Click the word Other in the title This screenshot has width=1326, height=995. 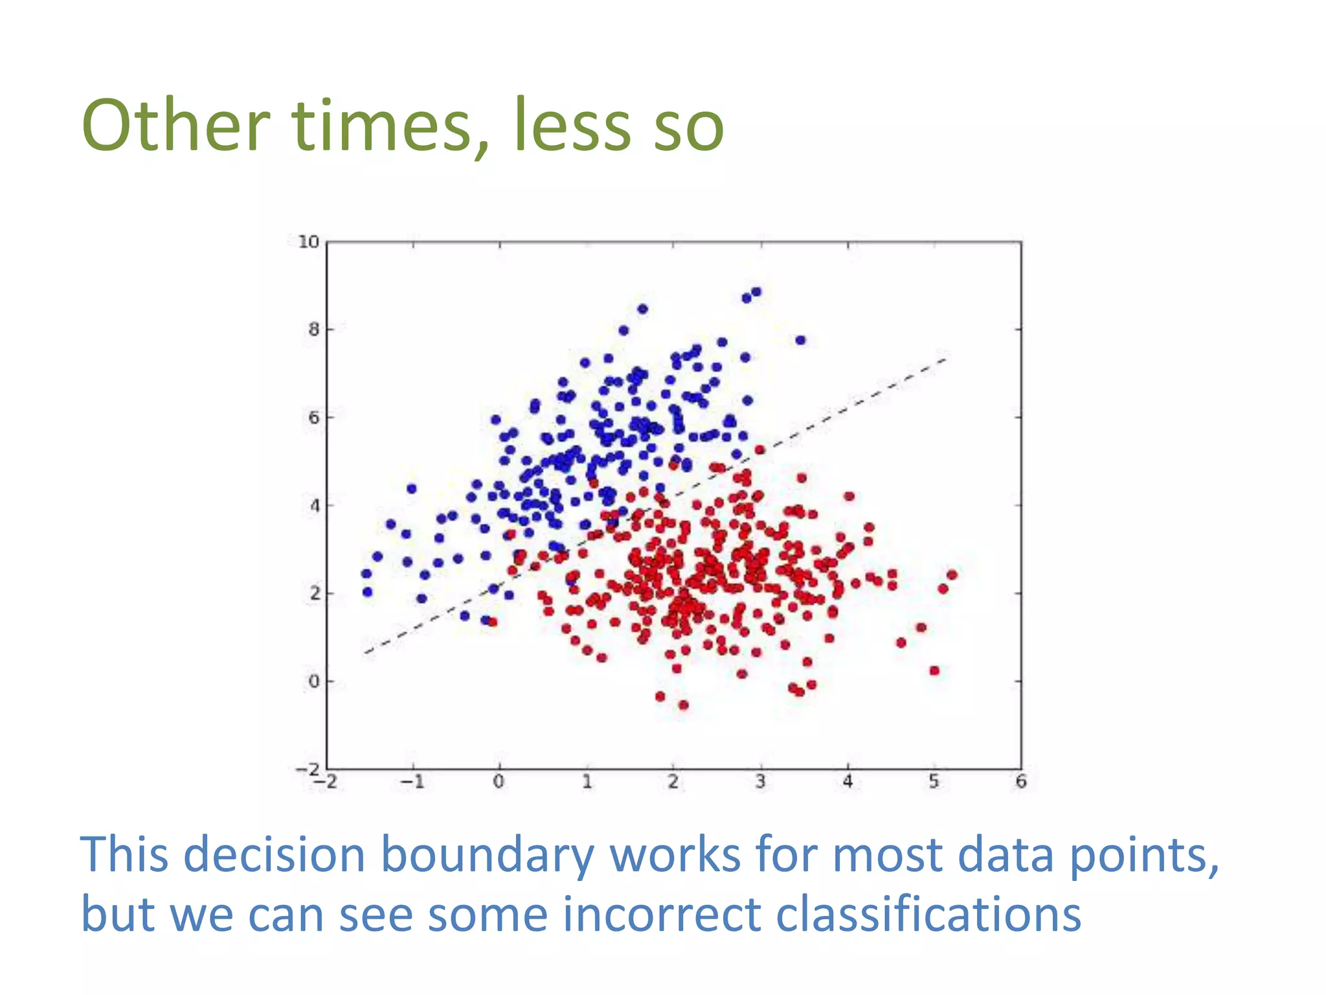pos(175,126)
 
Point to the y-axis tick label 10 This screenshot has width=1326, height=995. pos(308,242)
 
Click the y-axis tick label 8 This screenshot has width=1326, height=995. pos(313,330)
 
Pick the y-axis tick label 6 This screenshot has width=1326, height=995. pos(313,418)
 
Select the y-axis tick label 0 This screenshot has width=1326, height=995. pos(313,681)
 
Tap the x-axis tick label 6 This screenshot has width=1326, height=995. pos(1021,782)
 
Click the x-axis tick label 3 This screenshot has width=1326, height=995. pos(760,782)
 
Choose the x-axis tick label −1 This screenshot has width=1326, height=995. pos(412,782)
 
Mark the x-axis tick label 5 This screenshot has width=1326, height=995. pos(934,782)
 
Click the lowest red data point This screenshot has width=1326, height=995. pos(683,705)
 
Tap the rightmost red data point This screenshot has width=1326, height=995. pos(952,575)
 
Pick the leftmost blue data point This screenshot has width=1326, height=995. pos(366,574)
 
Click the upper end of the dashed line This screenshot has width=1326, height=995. pos(946,358)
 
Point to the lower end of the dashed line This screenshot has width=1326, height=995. pos(366,652)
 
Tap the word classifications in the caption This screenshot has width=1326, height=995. pos(928,915)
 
